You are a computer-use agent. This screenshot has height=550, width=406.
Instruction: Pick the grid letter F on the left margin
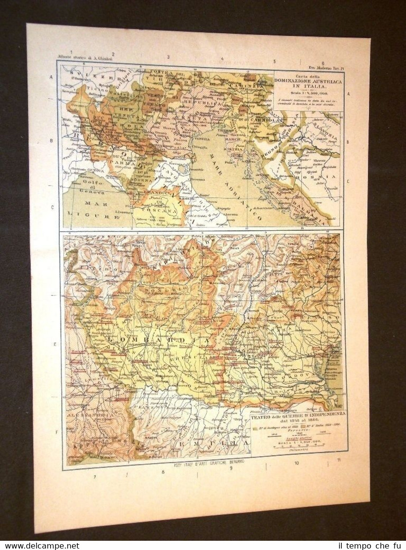click(x=57, y=431)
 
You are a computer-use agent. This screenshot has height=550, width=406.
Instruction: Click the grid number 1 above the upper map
click(x=71, y=52)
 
